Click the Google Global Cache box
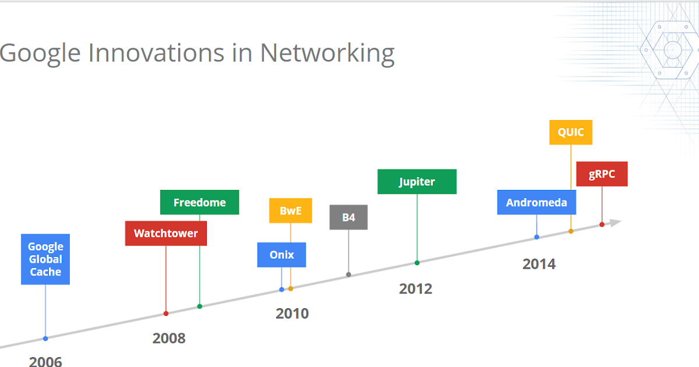[45, 259]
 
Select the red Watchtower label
[166, 234]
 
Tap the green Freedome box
[199, 202]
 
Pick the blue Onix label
[281, 255]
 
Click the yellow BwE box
[290, 211]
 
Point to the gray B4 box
[348, 217]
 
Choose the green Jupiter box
[416, 182]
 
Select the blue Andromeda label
[536, 203]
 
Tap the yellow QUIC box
[571, 132]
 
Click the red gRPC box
[602, 174]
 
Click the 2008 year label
[169, 338]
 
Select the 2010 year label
[292, 313]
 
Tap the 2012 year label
[415, 288]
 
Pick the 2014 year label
[539, 264]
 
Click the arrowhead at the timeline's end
[615, 222]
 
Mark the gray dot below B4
[348, 274]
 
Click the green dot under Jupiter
[417, 263]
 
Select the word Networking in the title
[327, 53]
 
